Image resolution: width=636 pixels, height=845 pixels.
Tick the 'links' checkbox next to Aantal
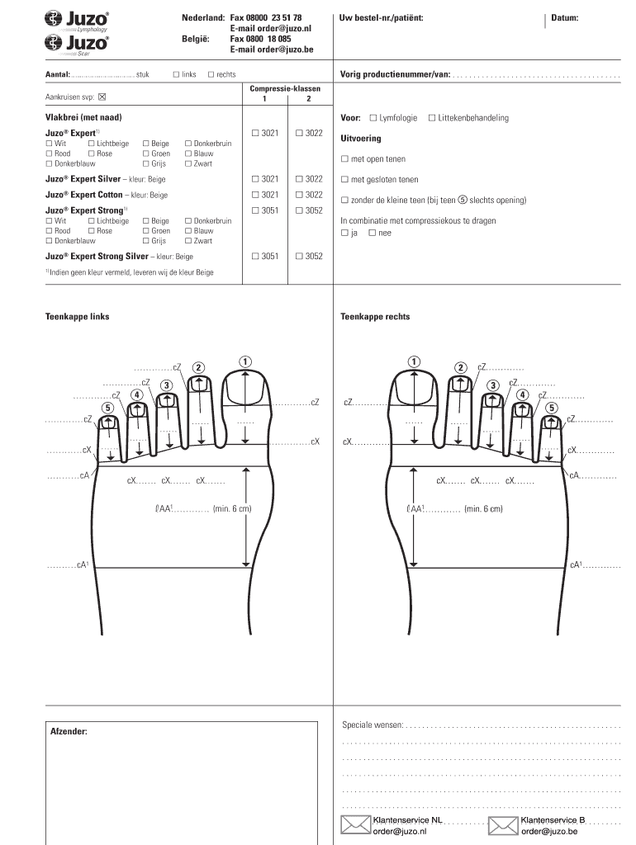coord(176,74)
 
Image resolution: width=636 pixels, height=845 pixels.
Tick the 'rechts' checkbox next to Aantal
coord(211,74)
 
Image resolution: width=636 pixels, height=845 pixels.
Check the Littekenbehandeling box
coord(431,118)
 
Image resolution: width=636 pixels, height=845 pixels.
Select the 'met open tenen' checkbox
coord(344,159)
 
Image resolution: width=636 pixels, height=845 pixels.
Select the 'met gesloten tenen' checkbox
coord(344,180)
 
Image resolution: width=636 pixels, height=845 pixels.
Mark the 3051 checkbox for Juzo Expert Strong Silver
coord(255,257)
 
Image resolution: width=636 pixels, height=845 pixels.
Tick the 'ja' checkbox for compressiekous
coord(344,233)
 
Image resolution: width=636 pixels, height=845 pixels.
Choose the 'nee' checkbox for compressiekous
coord(373,233)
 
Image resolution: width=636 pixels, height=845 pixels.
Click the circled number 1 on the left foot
coord(244,361)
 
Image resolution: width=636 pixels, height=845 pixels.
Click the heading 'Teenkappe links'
coord(77,317)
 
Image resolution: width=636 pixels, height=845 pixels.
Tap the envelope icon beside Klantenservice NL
coord(356,825)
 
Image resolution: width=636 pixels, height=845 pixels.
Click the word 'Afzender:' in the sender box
coord(69,731)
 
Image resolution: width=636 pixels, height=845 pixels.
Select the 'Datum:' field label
coord(565,17)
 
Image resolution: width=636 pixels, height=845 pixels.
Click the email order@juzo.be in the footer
coord(549,832)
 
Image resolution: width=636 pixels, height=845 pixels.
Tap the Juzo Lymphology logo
coord(77,19)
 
